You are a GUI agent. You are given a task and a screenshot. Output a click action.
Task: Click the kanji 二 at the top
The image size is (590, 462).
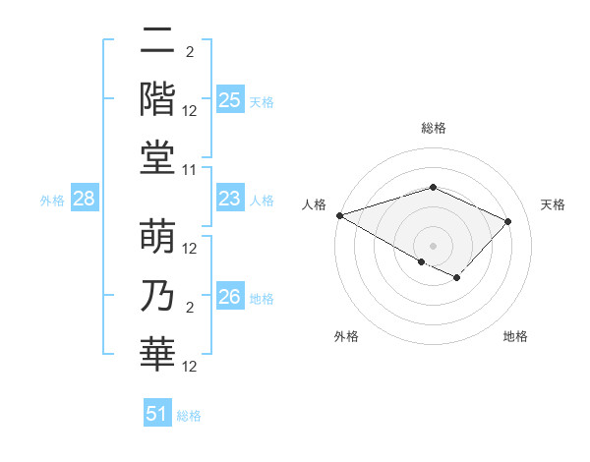pos(157,43)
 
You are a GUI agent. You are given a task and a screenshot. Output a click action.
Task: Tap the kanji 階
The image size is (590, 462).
pos(157,98)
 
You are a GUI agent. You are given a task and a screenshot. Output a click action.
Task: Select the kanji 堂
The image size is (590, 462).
pos(157,157)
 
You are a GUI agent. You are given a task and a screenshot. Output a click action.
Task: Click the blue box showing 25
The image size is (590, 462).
pos(229,100)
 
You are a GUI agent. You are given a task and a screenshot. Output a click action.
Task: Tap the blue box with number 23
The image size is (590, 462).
pos(229,200)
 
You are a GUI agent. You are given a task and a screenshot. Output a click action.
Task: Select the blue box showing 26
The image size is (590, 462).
pos(229,297)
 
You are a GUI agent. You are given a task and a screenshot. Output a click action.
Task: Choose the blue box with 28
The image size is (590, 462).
pos(84,200)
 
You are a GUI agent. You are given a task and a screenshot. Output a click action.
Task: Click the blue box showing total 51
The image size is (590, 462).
pos(157,414)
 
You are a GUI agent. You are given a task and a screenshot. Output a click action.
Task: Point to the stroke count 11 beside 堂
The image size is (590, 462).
pos(191,170)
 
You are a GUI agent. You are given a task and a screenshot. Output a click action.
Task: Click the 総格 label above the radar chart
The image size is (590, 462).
pos(433,128)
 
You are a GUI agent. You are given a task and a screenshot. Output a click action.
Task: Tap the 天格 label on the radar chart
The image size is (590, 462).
pos(553,204)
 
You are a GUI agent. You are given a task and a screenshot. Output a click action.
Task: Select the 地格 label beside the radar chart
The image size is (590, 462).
pos(515,337)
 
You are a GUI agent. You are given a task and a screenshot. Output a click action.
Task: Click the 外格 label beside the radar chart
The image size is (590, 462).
pos(346,337)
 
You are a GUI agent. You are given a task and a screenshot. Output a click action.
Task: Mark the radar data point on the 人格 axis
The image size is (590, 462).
pos(339,214)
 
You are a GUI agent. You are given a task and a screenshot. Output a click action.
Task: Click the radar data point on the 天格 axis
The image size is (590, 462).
pos(507,221)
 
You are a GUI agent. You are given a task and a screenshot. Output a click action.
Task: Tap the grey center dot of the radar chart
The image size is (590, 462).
pos(433,245)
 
